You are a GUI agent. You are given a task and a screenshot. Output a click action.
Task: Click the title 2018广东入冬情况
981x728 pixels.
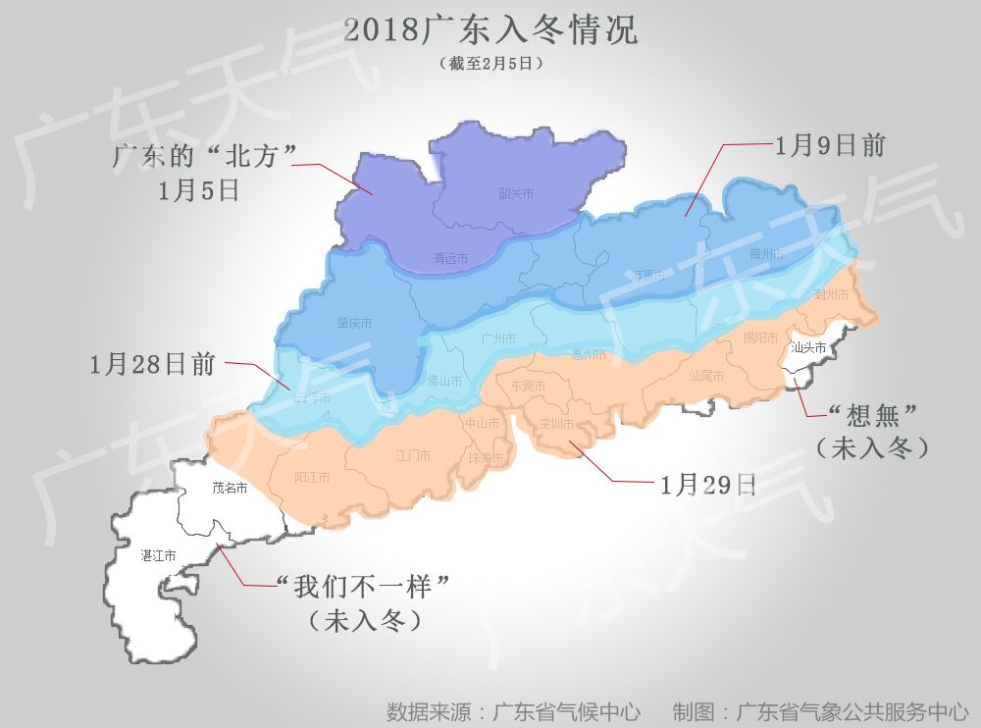click(x=490, y=30)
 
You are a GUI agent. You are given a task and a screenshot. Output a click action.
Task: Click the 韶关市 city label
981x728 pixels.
click(x=516, y=194)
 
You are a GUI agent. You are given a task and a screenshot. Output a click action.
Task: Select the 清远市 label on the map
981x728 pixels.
click(x=450, y=259)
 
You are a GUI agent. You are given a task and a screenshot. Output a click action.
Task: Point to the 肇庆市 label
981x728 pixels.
click(x=354, y=323)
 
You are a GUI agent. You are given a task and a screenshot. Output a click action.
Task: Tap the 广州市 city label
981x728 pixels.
click(x=499, y=338)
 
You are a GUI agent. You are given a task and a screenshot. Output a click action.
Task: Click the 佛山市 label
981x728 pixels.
click(x=444, y=381)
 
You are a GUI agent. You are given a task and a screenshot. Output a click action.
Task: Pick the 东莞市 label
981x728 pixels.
click(x=529, y=387)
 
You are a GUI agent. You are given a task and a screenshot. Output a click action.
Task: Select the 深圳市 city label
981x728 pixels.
click(x=557, y=424)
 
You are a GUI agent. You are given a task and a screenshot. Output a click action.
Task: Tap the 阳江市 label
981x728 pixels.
click(x=312, y=477)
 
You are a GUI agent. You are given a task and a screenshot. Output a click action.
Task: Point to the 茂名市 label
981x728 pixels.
click(x=230, y=488)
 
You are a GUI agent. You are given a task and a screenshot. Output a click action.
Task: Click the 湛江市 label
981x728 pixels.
click(x=158, y=555)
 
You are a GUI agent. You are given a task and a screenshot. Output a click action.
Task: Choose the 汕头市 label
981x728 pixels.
click(x=807, y=347)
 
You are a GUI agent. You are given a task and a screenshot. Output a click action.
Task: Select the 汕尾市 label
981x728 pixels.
click(x=705, y=376)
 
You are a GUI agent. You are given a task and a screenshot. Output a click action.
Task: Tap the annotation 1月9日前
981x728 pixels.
click(x=830, y=146)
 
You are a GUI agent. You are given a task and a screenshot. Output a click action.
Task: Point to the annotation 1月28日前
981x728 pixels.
click(x=152, y=365)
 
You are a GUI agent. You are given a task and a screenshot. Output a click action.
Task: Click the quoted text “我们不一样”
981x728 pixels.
click(x=364, y=588)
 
